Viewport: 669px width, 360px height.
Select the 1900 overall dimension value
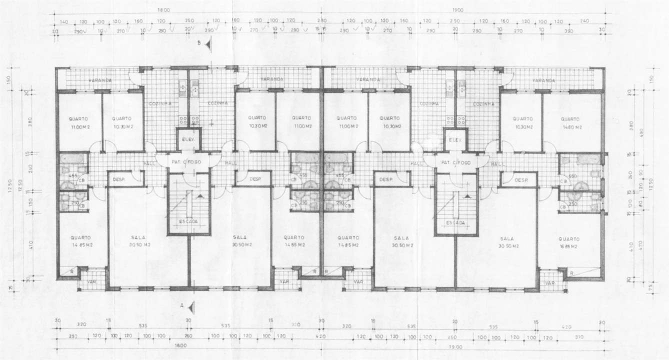click(x=457, y=10)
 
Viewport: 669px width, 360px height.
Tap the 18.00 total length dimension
click(x=180, y=345)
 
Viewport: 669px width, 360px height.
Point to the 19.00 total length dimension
click(x=455, y=346)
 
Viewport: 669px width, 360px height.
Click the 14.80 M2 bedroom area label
click(x=570, y=127)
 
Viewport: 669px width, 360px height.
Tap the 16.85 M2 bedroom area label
click(x=569, y=246)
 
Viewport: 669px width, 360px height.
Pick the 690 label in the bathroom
click(x=572, y=176)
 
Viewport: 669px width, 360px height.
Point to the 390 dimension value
click(x=568, y=31)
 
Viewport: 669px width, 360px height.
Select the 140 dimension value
click(x=63, y=21)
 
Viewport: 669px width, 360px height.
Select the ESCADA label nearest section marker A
click(x=188, y=221)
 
